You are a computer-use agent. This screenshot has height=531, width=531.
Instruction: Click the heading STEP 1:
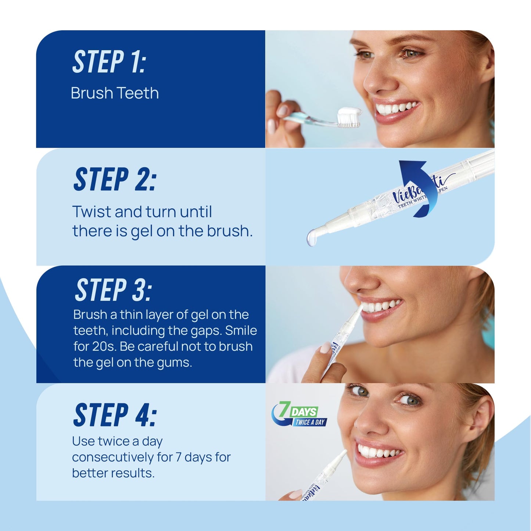point(109,62)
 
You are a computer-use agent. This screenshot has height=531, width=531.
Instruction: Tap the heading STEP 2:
point(115,179)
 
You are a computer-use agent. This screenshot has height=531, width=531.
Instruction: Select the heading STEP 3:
point(113,290)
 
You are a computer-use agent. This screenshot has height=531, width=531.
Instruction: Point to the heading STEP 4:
point(115,415)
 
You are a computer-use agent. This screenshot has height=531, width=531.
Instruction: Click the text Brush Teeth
point(115,93)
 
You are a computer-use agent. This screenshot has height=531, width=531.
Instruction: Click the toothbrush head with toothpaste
point(349,117)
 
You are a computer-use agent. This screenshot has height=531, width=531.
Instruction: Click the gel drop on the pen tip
point(312,237)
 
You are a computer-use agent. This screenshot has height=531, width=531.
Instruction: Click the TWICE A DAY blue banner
point(310,422)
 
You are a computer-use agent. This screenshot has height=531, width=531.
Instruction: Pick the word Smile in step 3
point(241,331)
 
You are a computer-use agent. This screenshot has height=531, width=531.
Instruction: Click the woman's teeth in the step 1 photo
point(395,108)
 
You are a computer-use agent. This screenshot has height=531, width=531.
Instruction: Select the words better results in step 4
point(113,473)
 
